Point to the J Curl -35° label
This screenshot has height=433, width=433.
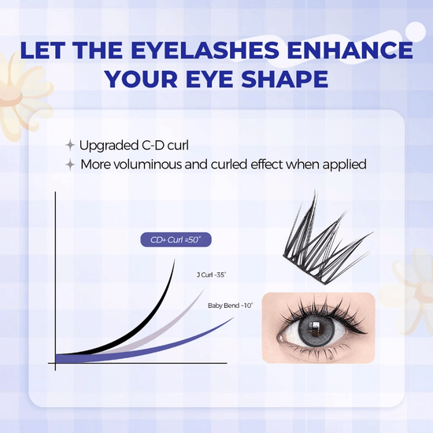coord(209,275)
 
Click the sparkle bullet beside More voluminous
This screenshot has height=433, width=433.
coord(70,165)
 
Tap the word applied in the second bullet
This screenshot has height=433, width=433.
coord(345,165)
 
